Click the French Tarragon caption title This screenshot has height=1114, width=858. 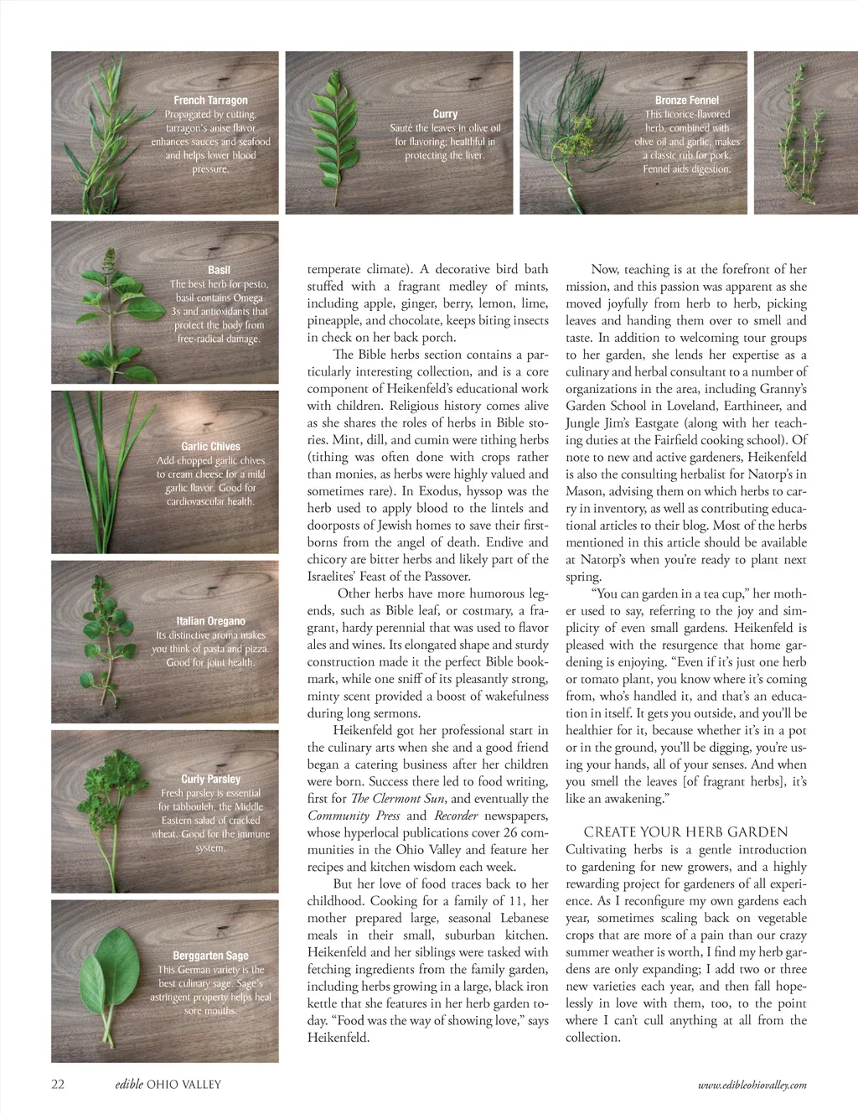(210, 101)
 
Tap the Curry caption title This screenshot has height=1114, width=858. (445, 114)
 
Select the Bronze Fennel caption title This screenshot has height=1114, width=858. (686, 101)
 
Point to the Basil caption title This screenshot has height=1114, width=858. (219, 270)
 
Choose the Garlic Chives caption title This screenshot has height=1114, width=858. (210, 447)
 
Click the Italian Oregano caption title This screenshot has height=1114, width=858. (210, 621)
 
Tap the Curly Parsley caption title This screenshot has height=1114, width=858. (210, 780)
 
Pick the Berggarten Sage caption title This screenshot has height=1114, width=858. (210, 956)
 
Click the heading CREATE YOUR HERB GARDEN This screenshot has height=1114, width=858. (685, 832)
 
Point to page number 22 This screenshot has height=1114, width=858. (58, 1085)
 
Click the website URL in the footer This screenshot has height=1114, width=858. (752, 1086)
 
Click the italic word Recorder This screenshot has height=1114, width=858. (456, 816)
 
